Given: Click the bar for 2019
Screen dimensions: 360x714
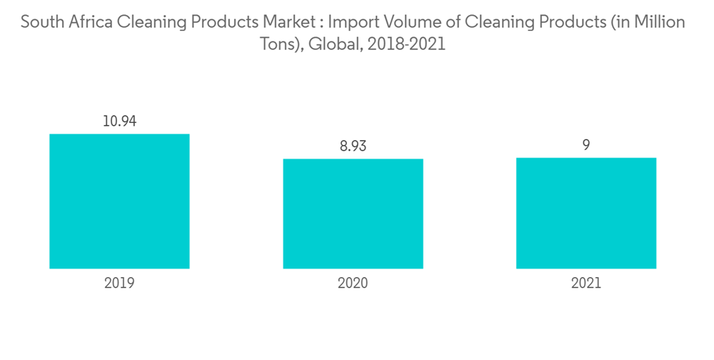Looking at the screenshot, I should [119, 201].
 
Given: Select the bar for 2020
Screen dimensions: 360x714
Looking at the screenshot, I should [353, 214].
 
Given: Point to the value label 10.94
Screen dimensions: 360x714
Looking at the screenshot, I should [119, 121].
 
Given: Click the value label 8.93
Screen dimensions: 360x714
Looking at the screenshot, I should [353, 146].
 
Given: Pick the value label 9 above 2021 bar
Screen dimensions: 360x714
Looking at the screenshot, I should [586, 145].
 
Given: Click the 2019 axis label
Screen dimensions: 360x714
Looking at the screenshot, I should [119, 283].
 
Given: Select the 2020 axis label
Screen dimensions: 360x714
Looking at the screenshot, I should [353, 283].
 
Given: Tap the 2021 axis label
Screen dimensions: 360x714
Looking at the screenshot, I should [586, 283].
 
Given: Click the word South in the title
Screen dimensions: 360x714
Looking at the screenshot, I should [39, 23].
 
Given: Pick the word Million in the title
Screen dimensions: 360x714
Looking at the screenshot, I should [659, 23].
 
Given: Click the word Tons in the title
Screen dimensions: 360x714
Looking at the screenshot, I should [275, 44].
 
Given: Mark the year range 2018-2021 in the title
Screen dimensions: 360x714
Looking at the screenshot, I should [402, 44].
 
